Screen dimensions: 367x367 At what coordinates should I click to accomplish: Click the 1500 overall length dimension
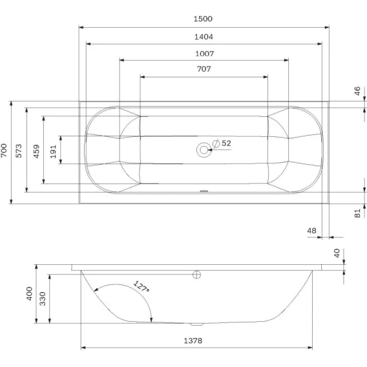pos(203,19)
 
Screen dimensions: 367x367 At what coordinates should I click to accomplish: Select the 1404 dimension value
pos(204,37)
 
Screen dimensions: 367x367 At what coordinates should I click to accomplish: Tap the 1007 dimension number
pos(205,54)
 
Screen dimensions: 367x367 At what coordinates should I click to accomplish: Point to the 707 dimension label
pos(204,68)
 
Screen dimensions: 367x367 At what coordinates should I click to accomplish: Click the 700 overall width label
pos(4,151)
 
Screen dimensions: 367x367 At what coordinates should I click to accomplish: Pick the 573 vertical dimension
pos(19,151)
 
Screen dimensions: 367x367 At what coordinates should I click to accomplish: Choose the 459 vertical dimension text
pos(36,151)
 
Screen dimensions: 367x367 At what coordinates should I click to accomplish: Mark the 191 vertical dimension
pos(53,151)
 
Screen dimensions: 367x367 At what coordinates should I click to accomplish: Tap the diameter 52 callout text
pos(222,143)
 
